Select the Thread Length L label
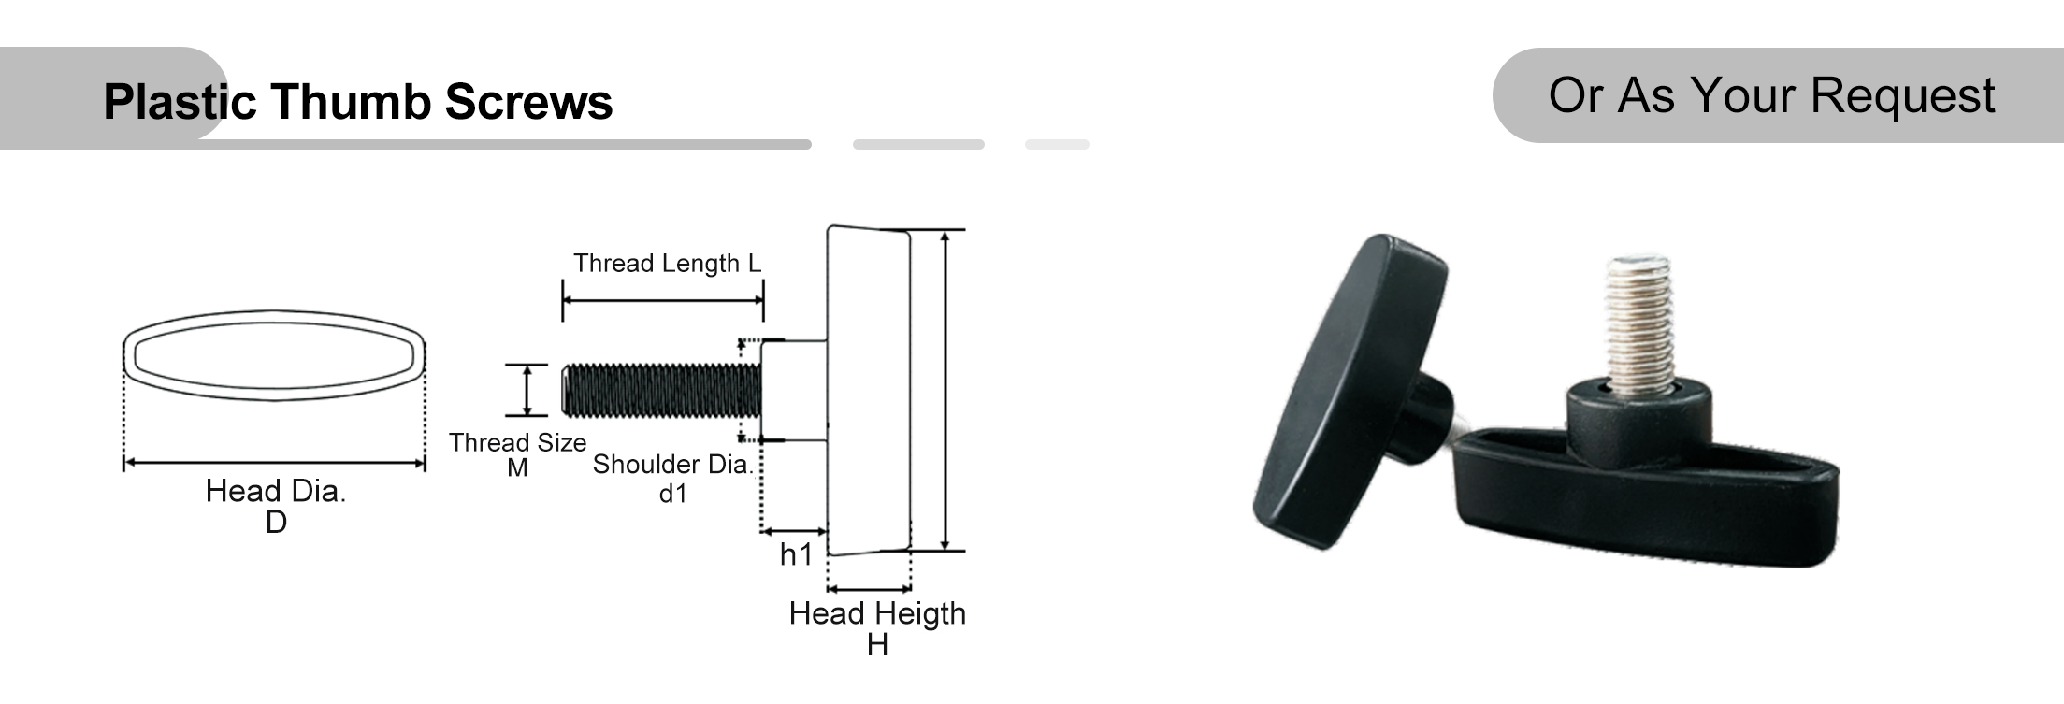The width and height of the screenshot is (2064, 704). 667,264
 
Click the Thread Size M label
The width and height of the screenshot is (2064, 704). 517,453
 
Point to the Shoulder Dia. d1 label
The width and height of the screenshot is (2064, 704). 671,477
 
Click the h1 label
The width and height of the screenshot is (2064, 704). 796,554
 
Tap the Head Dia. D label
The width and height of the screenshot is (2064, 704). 276,505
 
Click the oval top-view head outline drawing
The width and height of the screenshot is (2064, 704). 274,356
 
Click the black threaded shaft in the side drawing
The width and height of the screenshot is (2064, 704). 660,391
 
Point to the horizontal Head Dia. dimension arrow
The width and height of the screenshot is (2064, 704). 274,462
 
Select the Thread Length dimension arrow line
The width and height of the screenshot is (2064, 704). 662,301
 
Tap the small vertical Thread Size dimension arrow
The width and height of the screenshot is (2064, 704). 527,391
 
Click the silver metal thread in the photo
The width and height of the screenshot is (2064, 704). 1638,323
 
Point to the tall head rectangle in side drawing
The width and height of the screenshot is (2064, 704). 868,391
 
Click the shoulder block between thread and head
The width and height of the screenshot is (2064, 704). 793,391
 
